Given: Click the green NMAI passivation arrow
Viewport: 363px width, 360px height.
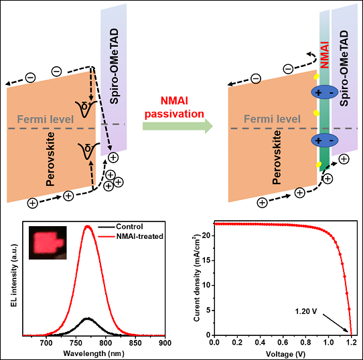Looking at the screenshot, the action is (177, 126).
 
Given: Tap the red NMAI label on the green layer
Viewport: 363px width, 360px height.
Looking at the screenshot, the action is (325, 55).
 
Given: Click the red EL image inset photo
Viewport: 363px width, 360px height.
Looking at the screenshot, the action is (48, 243).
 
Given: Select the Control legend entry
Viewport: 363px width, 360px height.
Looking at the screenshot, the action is (121, 226).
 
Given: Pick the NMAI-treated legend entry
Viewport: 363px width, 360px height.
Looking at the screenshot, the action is (131, 236).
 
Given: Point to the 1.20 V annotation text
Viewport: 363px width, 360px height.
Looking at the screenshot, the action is (306, 311).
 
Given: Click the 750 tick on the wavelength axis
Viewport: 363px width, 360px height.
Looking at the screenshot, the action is (76, 343).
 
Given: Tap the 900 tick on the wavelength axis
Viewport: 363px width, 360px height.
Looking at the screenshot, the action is (165, 343).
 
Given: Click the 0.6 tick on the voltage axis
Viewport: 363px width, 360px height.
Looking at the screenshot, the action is (283, 342).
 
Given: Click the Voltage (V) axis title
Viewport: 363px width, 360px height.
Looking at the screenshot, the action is (285, 354).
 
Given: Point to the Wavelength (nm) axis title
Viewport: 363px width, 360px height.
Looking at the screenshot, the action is (94, 353).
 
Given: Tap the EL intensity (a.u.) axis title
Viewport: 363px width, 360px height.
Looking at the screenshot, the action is (14, 275).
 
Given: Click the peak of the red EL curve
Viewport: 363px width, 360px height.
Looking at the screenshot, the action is (88, 226).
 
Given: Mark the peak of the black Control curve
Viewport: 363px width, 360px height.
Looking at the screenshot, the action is (88, 319).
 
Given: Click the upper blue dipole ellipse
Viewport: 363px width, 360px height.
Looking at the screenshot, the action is (325, 92).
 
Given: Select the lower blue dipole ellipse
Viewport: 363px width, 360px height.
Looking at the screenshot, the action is (325, 141).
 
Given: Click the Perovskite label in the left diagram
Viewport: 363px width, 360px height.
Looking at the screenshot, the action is (50, 159).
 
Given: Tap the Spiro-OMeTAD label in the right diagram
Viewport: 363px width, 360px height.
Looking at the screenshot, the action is (344, 68).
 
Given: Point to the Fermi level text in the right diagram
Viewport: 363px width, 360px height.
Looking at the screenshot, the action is (272, 119).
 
